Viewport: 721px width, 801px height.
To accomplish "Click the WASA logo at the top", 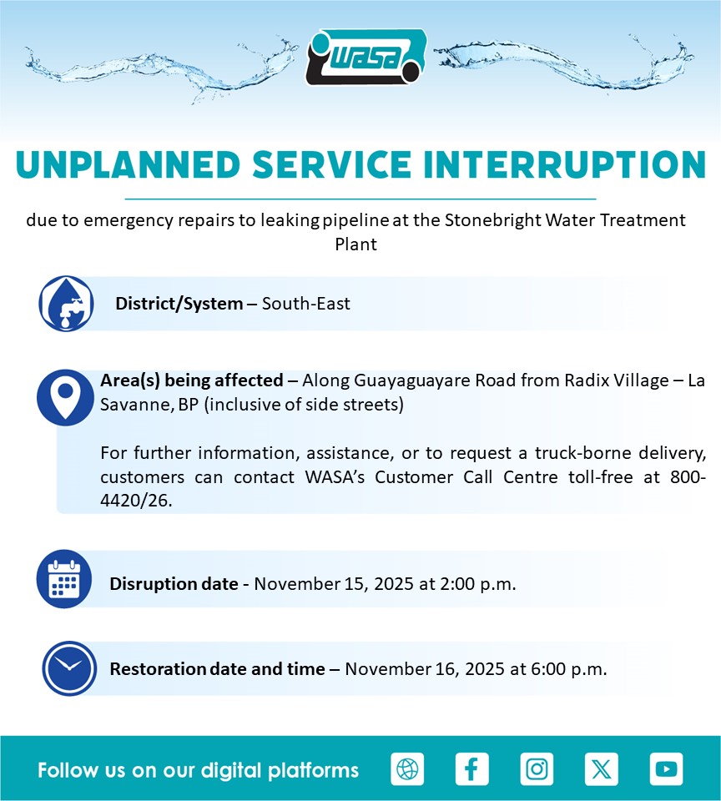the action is (366, 58).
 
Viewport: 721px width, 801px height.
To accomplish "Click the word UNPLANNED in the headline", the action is (129, 165).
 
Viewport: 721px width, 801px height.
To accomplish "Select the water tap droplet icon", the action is (66, 304).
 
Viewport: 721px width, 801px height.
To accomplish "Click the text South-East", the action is (306, 304).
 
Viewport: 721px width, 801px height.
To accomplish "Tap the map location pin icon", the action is (65, 397).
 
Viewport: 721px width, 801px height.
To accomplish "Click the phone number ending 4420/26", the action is (403, 489).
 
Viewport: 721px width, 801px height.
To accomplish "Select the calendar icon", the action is (64, 579).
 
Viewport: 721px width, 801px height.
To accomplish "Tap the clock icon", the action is (69, 668).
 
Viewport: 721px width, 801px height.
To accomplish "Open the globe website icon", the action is (407, 768).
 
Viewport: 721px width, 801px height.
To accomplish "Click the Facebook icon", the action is (471, 768).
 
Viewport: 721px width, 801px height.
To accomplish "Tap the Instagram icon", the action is (537, 768).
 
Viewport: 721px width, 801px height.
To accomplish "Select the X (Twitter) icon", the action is (602, 768).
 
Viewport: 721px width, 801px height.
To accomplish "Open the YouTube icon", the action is (666, 768).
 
